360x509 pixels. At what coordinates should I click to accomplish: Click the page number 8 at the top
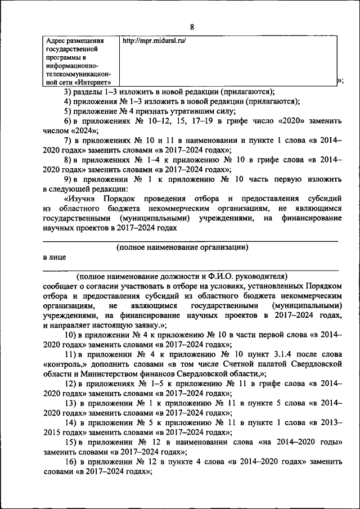(x=191, y=27)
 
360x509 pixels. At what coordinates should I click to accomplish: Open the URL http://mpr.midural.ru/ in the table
(x=154, y=41)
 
